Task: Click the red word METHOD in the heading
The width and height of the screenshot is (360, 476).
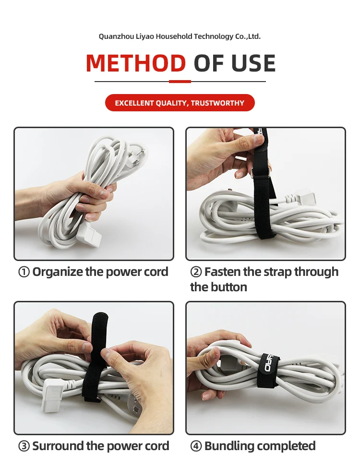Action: [x=136, y=63]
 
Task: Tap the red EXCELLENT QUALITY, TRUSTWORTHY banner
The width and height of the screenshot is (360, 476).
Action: [x=180, y=103]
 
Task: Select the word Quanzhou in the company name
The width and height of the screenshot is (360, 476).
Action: [x=116, y=37]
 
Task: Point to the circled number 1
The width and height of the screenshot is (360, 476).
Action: [x=24, y=272]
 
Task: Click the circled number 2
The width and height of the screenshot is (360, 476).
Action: [x=196, y=272]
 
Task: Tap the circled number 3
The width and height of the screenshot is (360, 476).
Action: [x=24, y=446]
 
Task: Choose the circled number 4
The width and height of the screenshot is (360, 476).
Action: [x=196, y=446]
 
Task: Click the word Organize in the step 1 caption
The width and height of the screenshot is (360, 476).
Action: [x=58, y=272]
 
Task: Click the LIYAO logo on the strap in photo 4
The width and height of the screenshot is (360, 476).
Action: [x=268, y=363]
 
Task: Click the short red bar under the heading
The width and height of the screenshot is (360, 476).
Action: [x=180, y=82]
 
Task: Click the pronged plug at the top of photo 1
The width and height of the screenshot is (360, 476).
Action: [x=137, y=155]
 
